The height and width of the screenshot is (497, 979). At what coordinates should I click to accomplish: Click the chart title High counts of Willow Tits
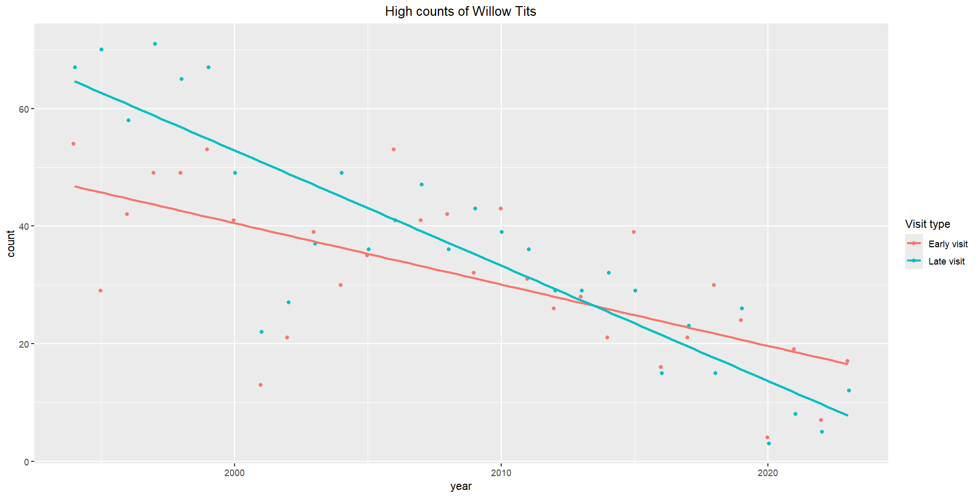pyautogui.click(x=460, y=11)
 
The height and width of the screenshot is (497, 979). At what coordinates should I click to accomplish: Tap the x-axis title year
pyautogui.click(x=460, y=486)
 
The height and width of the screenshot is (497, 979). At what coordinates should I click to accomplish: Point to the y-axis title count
pyautogui.click(x=11, y=244)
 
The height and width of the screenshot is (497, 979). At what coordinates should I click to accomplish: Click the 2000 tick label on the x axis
pyautogui.click(x=235, y=473)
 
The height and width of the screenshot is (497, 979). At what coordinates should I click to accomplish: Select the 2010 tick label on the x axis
pyautogui.click(x=501, y=473)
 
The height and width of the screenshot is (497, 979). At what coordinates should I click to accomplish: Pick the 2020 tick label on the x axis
pyautogui.click(x=768, y=473)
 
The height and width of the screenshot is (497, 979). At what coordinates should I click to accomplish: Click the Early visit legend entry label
pyautogui.click(x=948, y=244)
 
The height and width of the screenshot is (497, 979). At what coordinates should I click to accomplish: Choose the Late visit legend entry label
pyautogui.click(x=946, y=261)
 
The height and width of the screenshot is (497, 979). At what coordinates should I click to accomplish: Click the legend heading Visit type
pyautogui.click(x=928, y=224)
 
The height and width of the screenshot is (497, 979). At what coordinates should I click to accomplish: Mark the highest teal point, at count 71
pyautogui.click(x=155, y=44)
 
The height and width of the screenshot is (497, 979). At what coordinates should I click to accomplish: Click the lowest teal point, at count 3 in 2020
pyautogui.click(x=769, y=443)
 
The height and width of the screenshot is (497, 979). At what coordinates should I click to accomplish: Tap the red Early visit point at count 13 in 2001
pyautogui.click(x=261, y=385)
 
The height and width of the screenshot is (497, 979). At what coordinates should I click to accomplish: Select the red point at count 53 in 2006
pyautogui.click(x=394, y=149)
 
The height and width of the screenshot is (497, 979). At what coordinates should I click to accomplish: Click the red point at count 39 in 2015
pyautogui.click(x=634, y=232)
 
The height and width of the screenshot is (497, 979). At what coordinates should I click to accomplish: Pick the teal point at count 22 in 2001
pyautogui.click(x=262, y=332)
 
